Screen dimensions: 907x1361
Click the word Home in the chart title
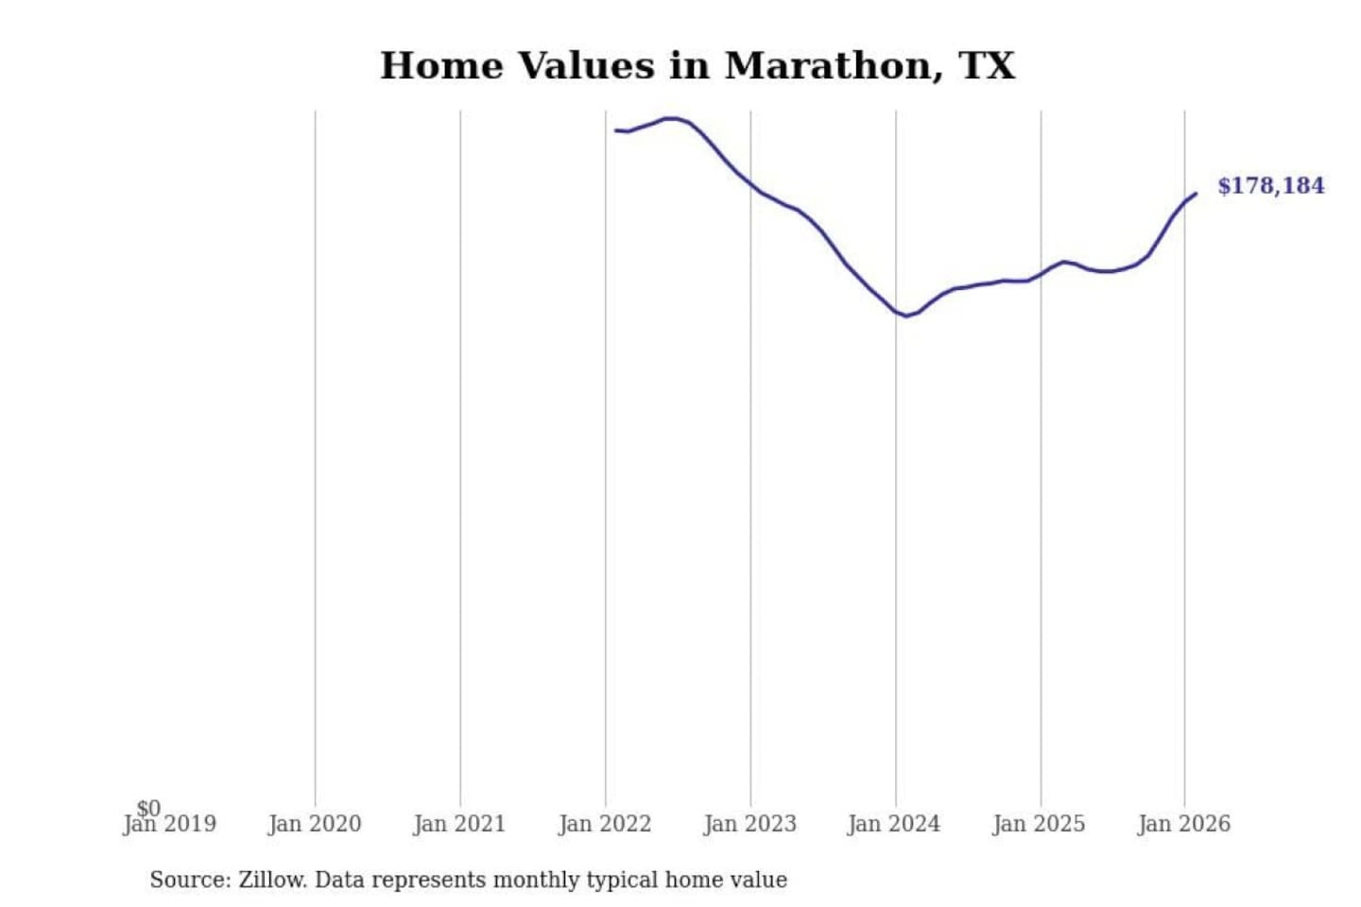tap(441, 66)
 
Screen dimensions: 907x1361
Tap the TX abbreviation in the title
tap(988, 66)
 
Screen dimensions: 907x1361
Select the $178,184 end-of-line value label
tap(1271, 185)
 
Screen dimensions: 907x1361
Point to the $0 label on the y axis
tap(148, 808)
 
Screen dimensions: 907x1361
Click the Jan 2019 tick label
tap(170, 825)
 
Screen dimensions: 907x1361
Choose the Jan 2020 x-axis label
tap(315, 825)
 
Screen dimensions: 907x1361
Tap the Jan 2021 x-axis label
tap(459, 825)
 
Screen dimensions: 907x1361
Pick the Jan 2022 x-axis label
tap(605, 825)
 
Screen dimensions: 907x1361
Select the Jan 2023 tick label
tap(750, 825)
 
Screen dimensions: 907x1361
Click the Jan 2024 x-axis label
tap(894, 825)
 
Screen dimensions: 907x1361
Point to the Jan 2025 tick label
tap(1039, 825)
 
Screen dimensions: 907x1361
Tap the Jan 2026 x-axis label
tap(1184, 825)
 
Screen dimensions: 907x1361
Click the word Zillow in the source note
tap(272, 881)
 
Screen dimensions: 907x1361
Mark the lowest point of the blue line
tap(906, 316)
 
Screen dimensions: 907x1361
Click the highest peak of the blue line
tap(671, 118)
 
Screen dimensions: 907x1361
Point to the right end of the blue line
tap(1196, 194)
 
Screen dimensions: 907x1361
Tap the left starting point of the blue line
tap(615, 130)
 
